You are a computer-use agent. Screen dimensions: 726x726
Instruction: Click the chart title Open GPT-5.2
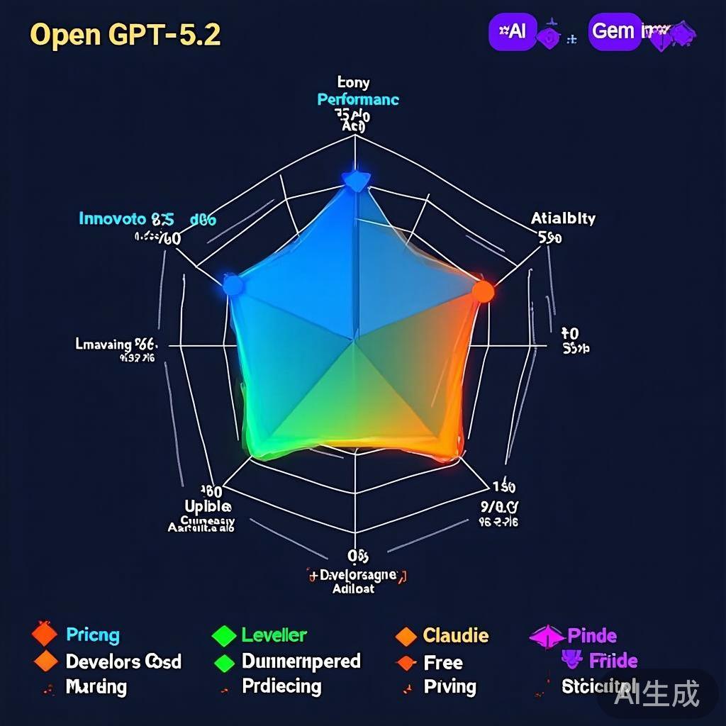point(125,35)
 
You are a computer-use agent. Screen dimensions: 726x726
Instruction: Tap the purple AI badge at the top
point(513,32)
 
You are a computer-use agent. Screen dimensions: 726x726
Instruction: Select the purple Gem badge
point(614,32)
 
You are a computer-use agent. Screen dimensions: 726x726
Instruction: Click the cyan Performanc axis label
point(358,99)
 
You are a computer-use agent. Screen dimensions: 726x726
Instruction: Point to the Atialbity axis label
point(563,218)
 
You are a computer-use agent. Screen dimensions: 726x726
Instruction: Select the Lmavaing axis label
point(104,345)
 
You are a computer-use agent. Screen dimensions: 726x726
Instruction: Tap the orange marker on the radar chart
point(483,291)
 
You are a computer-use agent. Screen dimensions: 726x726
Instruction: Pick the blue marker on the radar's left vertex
point(233,286)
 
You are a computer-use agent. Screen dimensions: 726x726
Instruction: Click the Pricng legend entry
point(93,635)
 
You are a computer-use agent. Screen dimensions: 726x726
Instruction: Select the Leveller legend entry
point(274,635)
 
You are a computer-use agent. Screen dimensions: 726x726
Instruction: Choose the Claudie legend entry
point(456,635)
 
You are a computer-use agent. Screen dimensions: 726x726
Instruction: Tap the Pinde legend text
point(592,635)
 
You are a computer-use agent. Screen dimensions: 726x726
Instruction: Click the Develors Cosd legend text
point(123,661)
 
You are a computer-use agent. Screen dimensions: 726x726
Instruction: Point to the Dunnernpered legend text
point(301,661)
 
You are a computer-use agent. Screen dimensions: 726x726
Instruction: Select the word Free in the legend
point(443,663)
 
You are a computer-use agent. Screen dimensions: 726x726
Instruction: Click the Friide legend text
point(613,661)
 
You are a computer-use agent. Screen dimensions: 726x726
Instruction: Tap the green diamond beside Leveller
point(223,635)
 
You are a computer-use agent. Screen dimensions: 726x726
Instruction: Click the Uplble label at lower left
point(208,507)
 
